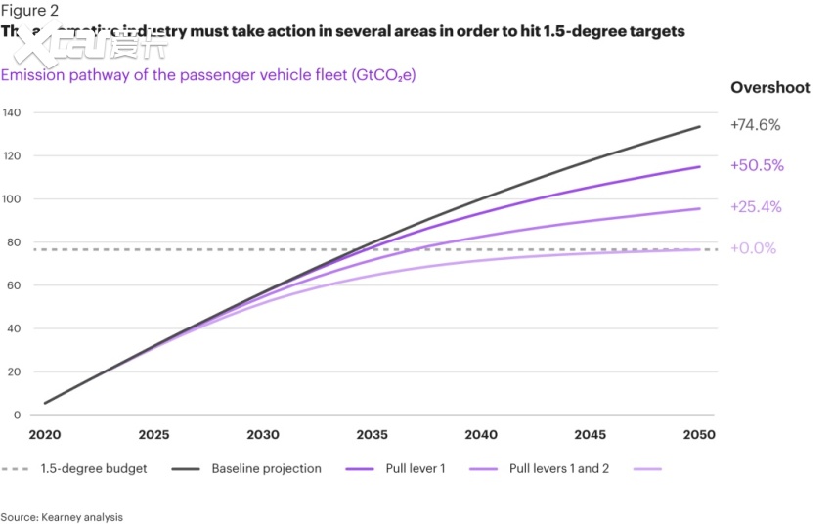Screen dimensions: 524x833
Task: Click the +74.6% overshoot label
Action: coord(755,125)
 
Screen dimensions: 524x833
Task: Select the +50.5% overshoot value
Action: coord(757,166)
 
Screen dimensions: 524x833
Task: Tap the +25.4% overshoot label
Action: coord(756,207)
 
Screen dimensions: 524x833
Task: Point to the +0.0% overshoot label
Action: coord(753,248)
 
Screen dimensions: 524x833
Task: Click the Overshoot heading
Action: coord(769,88)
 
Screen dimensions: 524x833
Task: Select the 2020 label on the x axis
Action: coord(44,435)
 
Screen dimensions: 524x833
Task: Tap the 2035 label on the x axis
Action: coord(373,435)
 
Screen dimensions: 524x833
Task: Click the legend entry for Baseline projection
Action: coord(266,469)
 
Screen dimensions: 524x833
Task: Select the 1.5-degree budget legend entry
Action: coord(94,469)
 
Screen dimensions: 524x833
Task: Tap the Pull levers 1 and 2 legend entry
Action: coord(559,469)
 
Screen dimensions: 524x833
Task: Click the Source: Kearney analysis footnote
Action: coord(62,516)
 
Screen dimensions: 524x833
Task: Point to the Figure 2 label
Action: coord(29,11)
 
